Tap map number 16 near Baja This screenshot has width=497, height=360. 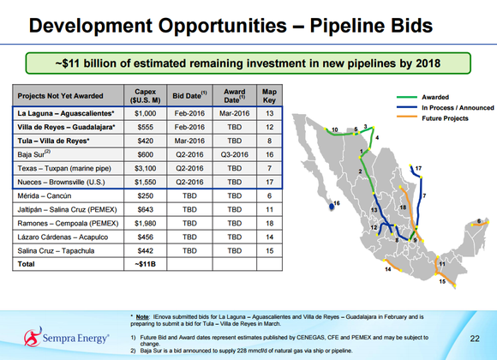point(336,202)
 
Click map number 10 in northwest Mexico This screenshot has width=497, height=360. point(335,129)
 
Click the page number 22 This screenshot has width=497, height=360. point(474,338)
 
